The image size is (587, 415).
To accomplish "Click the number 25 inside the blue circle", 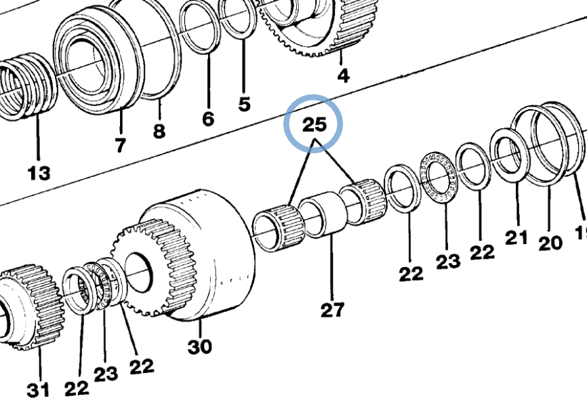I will pyautogui.click(x=315, y=125).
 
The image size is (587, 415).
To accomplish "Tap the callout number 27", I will pyautogui.click(x=333, y=310).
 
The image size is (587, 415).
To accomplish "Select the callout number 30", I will pyautogui.click(x=199, y=347).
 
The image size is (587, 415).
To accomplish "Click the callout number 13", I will pyautogui.click(x=39, y=174).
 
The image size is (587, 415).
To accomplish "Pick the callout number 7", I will pyautogui.click(x=120, y=145).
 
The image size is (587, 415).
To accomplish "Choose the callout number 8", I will pyautogui.click(x=159, y=131).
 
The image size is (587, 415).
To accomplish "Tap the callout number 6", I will pyautogui.click(x=207, y=119).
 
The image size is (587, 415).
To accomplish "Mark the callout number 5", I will pyautogui.click(x=244, y=104).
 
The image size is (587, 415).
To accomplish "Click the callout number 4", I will pyautogui.click(x=344, y=75).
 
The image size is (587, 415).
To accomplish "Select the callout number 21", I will pyautogui.click(x=516, y=237).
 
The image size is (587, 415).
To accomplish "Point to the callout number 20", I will pyautogui.click(x=550, y=242).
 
